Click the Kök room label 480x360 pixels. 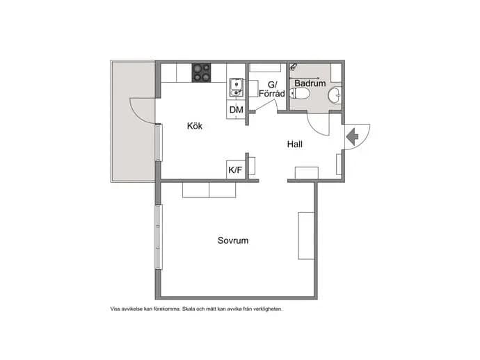pyautogui.click(x=195, y=126)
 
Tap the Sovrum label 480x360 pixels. pyautogui.click(x=233, y=240)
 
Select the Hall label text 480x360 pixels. pyautogui.click(x=295, y=144)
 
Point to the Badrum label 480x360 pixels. pyautogui.click(x=310, y=83)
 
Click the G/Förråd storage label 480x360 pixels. pyautogui.click(x=272, y=89)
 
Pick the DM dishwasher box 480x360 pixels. pyautogui.click(x=236, y=110)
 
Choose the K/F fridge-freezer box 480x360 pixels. pyautogui.click(x=236, y=170)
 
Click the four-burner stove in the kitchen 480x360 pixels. pyautogui.click(x=202, y=72)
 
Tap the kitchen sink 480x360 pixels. pyautogui.click(x=237, y=87)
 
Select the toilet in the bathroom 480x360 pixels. pyautogui.click(x=298, y=93)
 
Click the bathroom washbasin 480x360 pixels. pyautogui.click(x=335, y=95)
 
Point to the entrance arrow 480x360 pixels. pyautogui.click(x=352, y=137)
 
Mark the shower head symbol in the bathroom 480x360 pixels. pyautogui.click(x=294, y=67)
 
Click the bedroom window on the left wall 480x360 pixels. pyautogui.click(x=159, y=237)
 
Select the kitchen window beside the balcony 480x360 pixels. pyautogui.click(x=159, y=142)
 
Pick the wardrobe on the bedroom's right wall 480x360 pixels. pyautogui.click(x=306, y=236)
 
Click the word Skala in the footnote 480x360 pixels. pyautogui.click(x=189, y=309)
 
